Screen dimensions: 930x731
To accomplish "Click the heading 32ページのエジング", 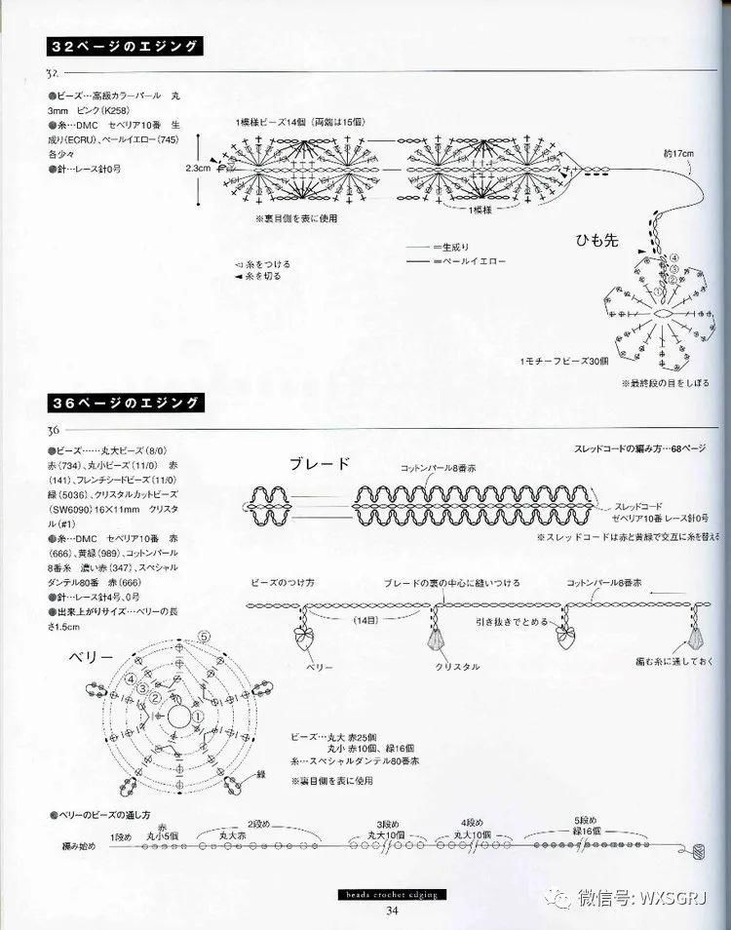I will (x=124, y=47).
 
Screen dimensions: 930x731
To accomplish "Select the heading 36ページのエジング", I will (x=124, y=403).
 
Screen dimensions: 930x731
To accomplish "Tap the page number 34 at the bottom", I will (x=392, y=911).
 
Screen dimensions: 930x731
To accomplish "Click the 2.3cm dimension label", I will (x=198, y=168).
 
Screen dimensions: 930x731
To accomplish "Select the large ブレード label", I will (x=319, y=464).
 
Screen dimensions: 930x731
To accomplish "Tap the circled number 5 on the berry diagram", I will (x=204, y=637).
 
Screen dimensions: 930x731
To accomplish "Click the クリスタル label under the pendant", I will (x=457, y=666).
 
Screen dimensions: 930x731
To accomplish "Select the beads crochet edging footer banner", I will (x=390, y=894).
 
